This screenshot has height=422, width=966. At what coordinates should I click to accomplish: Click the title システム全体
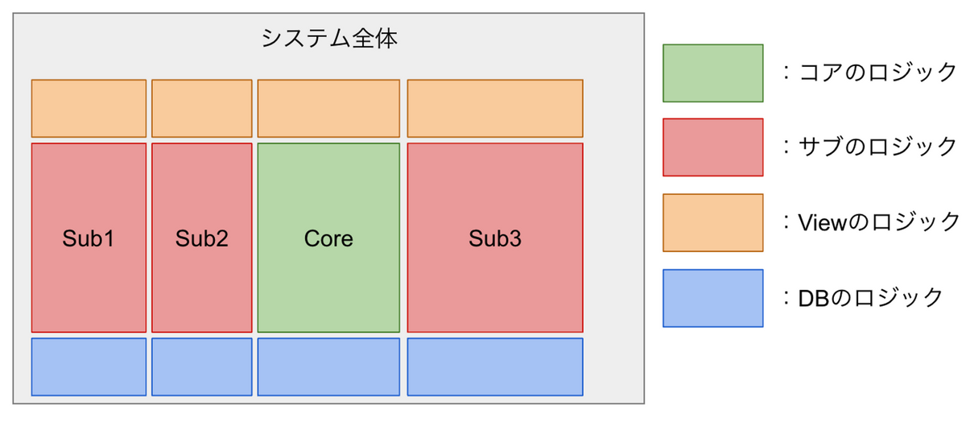coord(329,38)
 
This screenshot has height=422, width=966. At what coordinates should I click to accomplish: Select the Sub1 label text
coord(89,238)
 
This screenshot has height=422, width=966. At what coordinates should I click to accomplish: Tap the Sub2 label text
coord(202,238)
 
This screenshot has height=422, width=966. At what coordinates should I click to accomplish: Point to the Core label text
coord(328,238)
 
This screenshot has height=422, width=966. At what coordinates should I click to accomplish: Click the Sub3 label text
coord(495,238)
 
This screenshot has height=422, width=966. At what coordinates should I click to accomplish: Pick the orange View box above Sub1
coord(89,108)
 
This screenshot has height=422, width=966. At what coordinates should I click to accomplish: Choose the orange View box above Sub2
coord(202,108)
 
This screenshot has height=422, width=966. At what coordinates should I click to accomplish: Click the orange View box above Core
coord(328,108)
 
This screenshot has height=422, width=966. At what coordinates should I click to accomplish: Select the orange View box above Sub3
coord(495,108)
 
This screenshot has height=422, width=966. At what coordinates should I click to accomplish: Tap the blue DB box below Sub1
coord(89,366)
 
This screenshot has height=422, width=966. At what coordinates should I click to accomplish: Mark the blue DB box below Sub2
coord(202,366)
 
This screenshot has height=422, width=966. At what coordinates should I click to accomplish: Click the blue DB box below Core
coord(328,366)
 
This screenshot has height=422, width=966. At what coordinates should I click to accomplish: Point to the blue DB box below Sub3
coord(495,366)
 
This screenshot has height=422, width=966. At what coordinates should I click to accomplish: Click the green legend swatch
coord(713,73)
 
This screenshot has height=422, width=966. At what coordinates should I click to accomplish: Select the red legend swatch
coord(713,147)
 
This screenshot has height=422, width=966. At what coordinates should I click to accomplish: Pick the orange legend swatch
coord(713,222)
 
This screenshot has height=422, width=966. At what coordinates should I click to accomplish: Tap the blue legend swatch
coord(713,298)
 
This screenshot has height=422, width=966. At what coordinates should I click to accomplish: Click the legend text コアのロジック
coord(877,72)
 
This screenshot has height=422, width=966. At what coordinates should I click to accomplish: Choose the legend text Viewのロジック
coord(878,222)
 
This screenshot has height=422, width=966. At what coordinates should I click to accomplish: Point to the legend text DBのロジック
coord(870,298)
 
